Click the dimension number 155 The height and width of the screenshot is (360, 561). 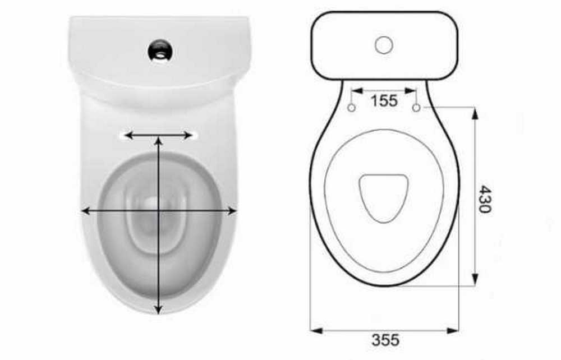pos(384,101)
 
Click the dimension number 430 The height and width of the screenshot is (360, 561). pos(485,199)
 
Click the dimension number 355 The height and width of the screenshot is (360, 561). pos(385,340)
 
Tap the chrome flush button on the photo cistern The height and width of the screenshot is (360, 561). pos(160,50)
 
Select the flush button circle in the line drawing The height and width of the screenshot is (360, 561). pos(384,45)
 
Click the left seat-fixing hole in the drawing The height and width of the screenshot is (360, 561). pos(352,108)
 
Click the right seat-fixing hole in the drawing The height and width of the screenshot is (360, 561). pos(416,108)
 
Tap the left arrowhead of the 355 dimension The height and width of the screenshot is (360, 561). pos(316,331)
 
